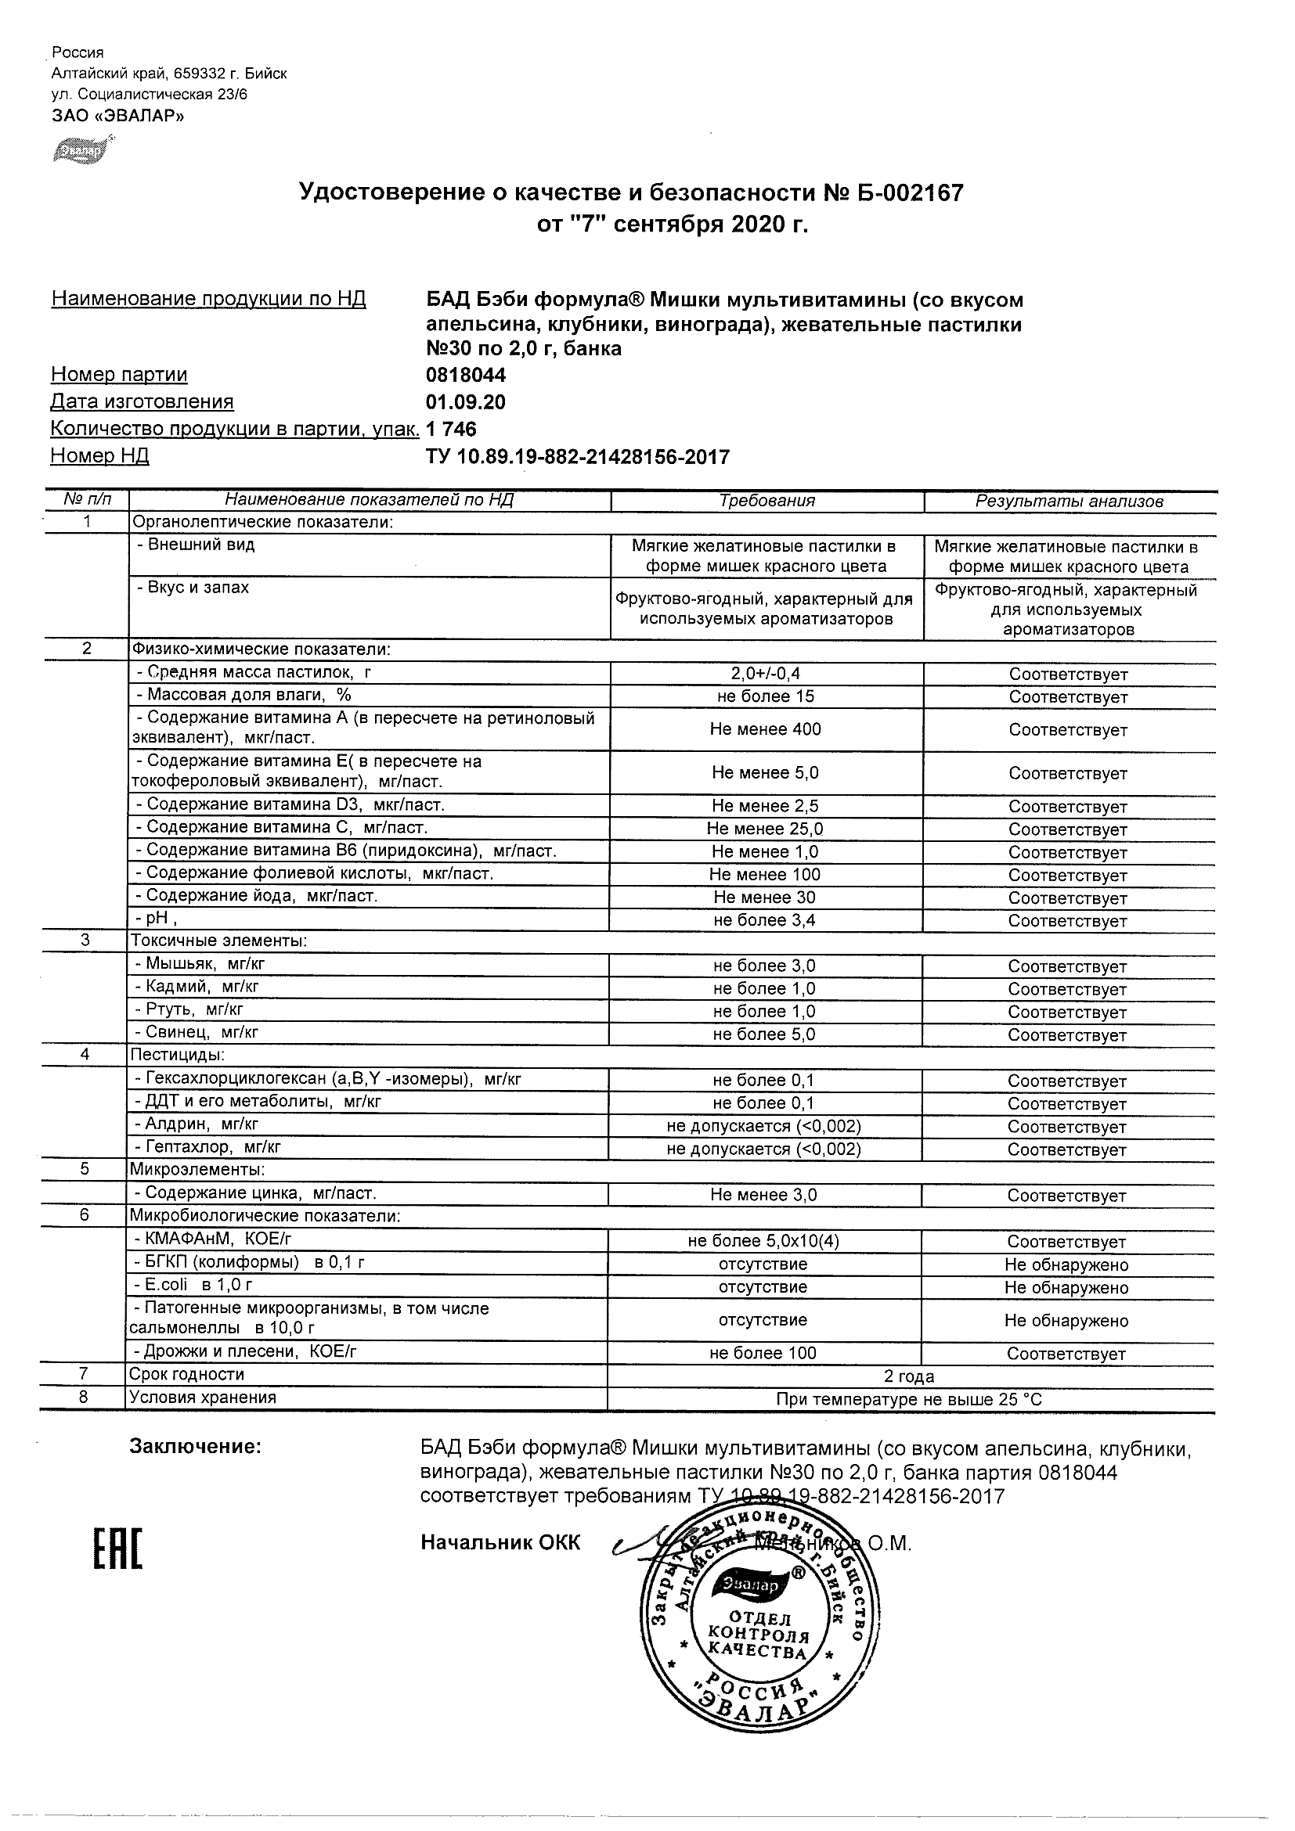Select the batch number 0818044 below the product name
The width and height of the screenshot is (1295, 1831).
tap(466, 375)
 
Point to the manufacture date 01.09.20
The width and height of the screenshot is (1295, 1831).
tap(466, 402)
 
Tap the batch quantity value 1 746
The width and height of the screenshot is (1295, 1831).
tap(452, 429)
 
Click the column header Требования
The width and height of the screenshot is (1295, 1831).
tap(767, 501)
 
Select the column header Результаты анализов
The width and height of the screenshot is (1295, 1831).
tap(1070, 502)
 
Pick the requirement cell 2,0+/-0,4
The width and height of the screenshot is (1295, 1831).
tap(766, 674)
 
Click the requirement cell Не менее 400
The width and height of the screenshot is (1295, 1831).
tap(766, 729)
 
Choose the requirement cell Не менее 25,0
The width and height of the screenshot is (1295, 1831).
tap(766, 829)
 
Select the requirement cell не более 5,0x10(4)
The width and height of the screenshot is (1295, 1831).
tap(763, 1241)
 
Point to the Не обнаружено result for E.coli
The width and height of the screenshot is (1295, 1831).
tap(1067, 1287)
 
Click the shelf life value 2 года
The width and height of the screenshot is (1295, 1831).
tap(910, 1376)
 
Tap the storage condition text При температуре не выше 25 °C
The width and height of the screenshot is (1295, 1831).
tap(910, 1399)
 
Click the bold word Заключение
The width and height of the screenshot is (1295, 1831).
tap(196, 1446)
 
